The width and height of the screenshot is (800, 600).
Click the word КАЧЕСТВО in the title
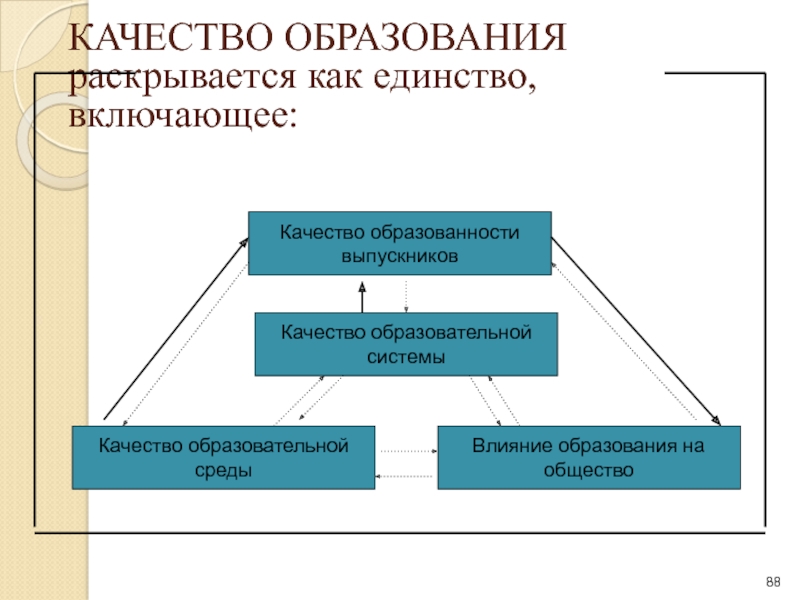click(x=169, y=37)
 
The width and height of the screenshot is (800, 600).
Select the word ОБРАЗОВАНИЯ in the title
click(x=425, y=37)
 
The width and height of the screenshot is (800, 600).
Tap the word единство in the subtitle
click(x=454, y=78)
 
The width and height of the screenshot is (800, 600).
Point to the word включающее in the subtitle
click(x=183, y=115)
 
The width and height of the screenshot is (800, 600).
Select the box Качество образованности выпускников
click(x=400, y=243)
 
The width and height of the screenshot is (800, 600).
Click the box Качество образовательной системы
click(x=406, y=344)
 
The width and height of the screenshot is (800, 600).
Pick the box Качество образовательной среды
click(x=223, y=458)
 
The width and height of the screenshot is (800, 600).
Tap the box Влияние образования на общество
click(x=589, y=458)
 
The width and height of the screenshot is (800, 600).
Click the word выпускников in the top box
click(x=399, y=256)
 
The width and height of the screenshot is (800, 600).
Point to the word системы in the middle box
click(x=406, y=356)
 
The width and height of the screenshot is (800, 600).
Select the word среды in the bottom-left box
click(x=223, y=470)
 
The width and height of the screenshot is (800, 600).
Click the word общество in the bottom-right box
click(x=588, y=470)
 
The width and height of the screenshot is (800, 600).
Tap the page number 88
click(x=773, y=582)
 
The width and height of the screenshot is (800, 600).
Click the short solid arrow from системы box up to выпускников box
click(x=362, y=297)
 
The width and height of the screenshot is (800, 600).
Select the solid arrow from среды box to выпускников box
click(x=176, y=329)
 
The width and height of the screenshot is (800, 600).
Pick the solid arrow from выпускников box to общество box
click(x=636, y=332)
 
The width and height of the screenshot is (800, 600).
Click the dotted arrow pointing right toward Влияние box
click(x=409, y=451)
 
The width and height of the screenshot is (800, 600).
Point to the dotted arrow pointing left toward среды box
click(x=404, y=476)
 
